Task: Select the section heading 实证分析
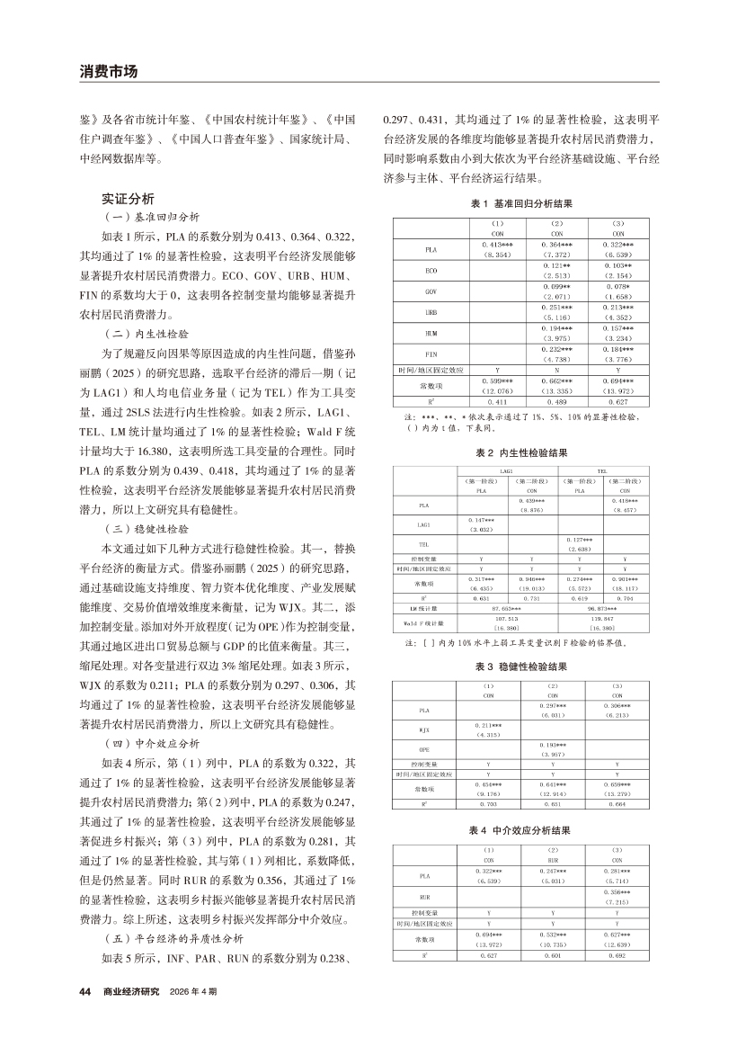pos(128,198)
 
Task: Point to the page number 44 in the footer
pos(86,990)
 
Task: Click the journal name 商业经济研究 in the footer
pos(131,990)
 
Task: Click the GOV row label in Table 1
pos(431,292)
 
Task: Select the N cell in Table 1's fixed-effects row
pos(556,370)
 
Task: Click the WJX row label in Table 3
pos(424,730)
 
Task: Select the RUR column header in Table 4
pos(553,859)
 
